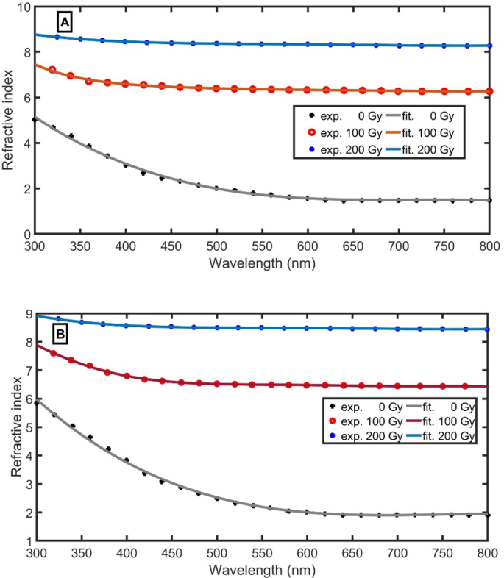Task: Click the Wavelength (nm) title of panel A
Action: pyautogui.click(x=263, y=261)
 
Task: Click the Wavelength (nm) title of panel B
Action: pyautogui.click(x=263, y=570)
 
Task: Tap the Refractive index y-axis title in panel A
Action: pyautogui.click(x=8, y=121)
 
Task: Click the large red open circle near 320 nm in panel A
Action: pyautogui.click(x=52, y=70)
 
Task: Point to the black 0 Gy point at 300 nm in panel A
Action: pyautogui.click(x=35, y=119)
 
